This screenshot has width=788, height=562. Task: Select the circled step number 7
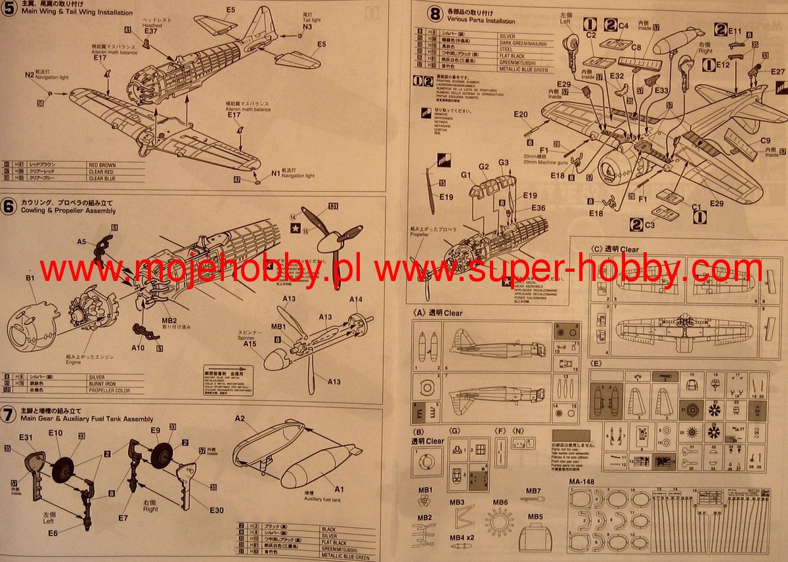pyautogui.click(x=9, y=415)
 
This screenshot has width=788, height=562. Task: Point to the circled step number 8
pyautogui.click(x=435, y=13)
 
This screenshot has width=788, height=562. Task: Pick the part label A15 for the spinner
pyautogui.click(x=250, y=343)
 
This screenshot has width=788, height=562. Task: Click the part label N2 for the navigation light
pyautogui.click(x=30, y=76)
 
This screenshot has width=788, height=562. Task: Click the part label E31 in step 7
pyautogui.click(x=26, y=437)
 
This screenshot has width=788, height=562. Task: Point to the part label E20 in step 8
pyautogui.click(x=521, y=114)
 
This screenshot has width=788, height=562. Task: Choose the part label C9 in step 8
pyautogui.click(x=765, y=140)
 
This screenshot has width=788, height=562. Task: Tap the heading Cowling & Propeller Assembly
pyautogui.click(x=68, y=211)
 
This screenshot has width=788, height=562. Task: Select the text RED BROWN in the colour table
pyautogui.click(x=102, y=165)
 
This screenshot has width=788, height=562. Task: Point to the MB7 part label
pyautogui.click(x=533, y=491)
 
